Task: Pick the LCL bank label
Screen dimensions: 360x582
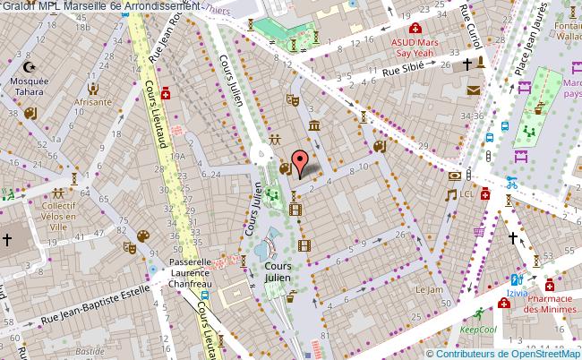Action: tap(466, 193)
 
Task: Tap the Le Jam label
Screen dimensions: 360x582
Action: tap(430, 290)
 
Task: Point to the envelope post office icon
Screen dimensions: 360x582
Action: tap(473, 90)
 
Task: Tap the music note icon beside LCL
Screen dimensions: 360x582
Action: tap(452, 193)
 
